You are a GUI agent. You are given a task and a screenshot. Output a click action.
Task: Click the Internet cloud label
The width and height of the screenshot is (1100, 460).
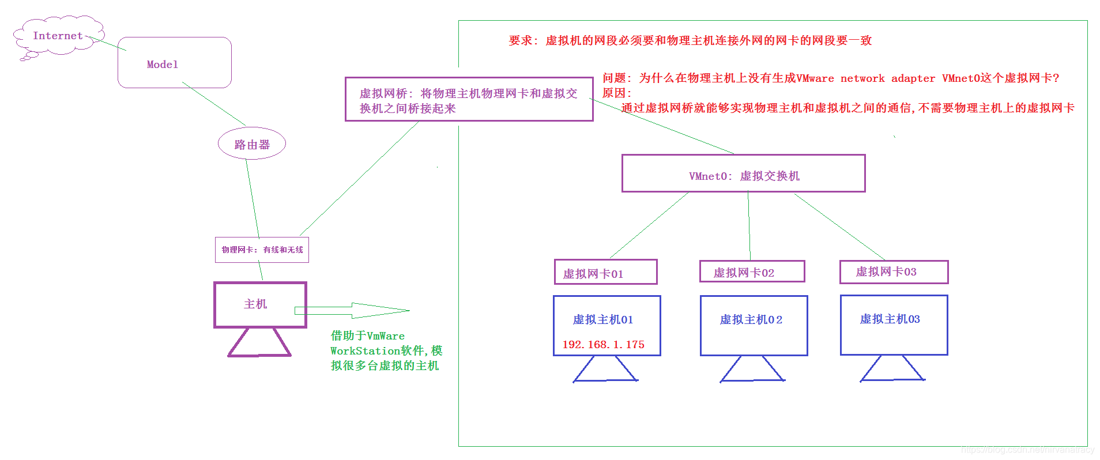58,36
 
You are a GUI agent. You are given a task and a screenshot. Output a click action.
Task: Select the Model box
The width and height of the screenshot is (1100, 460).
174,63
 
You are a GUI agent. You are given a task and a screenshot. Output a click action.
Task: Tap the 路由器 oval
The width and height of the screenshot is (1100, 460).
252,144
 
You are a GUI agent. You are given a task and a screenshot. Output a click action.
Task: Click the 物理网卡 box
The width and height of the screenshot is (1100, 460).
262,250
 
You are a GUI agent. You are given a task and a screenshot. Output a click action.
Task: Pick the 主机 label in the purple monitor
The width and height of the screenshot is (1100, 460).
255,304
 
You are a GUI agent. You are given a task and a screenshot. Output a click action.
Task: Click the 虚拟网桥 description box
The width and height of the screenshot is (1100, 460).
469,100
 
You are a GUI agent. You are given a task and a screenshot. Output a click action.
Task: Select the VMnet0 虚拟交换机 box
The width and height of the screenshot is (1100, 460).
743,174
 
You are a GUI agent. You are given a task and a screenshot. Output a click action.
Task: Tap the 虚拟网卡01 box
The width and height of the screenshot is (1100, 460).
605,272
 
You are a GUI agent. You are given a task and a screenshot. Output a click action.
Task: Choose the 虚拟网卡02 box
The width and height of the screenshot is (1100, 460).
752,272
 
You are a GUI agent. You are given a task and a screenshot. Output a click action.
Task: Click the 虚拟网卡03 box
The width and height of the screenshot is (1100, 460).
894,272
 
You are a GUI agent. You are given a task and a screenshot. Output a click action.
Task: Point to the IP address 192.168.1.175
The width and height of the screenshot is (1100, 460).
603,344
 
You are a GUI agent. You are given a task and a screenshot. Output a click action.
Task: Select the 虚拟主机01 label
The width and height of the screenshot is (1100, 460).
602,319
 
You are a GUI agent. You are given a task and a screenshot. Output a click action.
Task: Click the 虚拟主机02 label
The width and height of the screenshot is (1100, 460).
751,319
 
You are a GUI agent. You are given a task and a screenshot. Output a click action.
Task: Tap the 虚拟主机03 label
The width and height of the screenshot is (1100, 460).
890,319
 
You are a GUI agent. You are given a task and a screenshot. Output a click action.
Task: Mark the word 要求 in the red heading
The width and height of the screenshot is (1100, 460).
521,40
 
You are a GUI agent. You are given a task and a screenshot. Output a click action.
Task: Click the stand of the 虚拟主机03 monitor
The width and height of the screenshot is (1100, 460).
892,369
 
